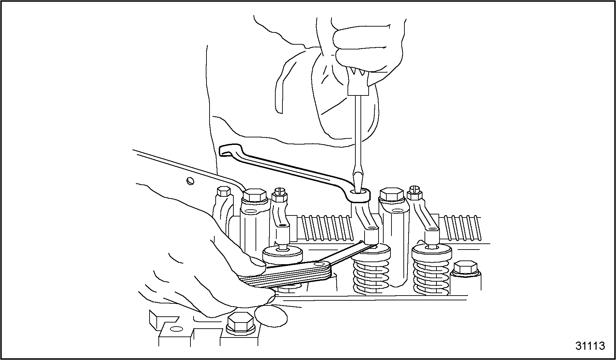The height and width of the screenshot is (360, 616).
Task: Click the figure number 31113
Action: pyautogui.click(x=590, y=346)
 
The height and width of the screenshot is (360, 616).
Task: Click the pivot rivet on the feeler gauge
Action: pyautogui.click(x=319, y=264)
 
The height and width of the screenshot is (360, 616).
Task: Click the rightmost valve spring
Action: pyautogui.click(x=431, y=273)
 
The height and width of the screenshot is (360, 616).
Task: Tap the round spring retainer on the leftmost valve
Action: pyautogui.click(x=282, y=255)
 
